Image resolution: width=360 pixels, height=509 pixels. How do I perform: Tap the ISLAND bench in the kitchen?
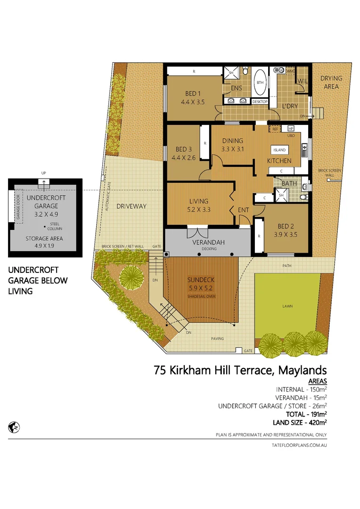pyautogui.click(x=279, y=150)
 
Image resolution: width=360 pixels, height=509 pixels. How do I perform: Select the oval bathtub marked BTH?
pyautogui.click(x=260, y=83)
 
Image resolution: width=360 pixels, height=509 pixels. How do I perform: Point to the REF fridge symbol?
pyautogui.click(x=275, y=129)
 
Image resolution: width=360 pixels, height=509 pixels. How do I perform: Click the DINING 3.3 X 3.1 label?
pyautogui.click(x=232, y=145)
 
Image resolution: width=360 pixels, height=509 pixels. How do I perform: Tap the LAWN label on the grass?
pyautogui.click(x=287, y=306)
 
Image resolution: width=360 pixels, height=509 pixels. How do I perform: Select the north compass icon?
pyautogui.click(x=14, y=427)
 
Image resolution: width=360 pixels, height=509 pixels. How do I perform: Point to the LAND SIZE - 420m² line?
pyautogui.click(x=300, y=422)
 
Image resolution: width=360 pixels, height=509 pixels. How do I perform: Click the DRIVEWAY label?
pyautogui.click(x=132, y=206)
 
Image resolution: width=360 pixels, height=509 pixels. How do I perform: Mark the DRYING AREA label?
pyautogui.click(x=331, y=82)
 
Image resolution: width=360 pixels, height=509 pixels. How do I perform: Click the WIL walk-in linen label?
pyautogui.click(x=303, y=81)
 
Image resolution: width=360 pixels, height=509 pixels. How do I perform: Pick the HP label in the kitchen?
pyautogui.click(x=291, y=129)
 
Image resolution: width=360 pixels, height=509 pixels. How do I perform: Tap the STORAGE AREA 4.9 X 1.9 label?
pyautogui.click(x=45, y=242)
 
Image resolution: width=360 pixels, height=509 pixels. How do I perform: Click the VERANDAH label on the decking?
pyautogui.click(x=207, y=242)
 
